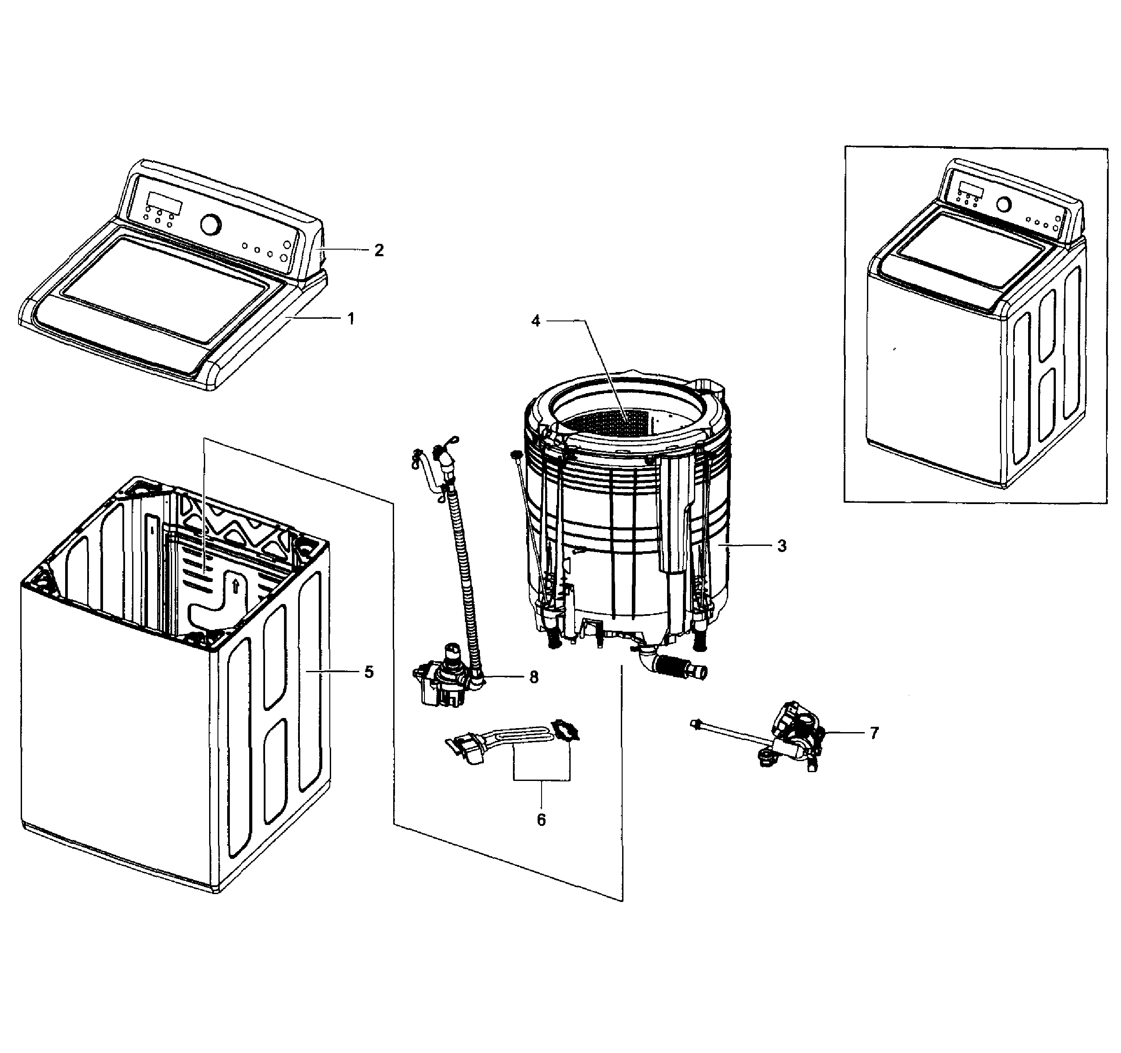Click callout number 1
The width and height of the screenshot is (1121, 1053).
coord(351,319)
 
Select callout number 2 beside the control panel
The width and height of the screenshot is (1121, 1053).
coord(379,250)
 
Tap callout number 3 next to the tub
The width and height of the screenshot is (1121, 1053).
coord(782,546)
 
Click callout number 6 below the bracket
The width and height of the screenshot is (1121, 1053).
coord(541,820)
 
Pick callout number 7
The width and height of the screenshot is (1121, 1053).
coord(874,733)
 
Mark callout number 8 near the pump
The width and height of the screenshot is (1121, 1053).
coord(534,677)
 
